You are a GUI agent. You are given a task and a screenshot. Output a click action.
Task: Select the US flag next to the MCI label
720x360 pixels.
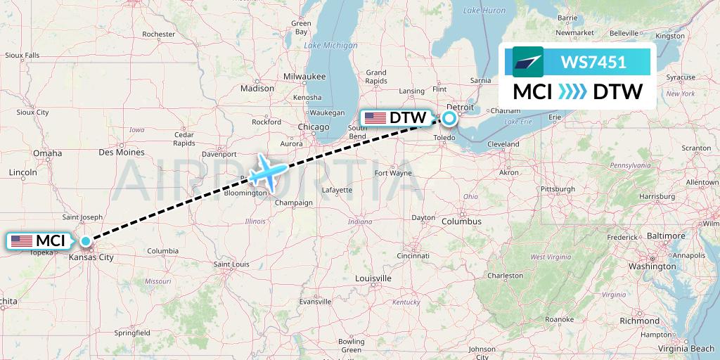[22, 241]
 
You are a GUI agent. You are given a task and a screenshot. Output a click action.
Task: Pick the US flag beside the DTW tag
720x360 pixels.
[375, 118]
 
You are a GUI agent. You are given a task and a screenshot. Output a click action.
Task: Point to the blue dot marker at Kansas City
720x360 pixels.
[86, 241]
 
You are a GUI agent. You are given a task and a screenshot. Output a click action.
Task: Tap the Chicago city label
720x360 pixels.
[313, 127]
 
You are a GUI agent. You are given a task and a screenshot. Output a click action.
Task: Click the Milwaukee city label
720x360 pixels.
[304, 76]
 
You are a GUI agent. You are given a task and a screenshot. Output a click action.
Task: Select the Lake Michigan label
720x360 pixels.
[330, 46]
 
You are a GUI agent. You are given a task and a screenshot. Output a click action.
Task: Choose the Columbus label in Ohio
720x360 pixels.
[461, 221]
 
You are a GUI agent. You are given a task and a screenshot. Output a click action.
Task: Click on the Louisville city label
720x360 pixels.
[373, 278]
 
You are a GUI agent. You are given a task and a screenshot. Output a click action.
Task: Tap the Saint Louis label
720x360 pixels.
[232, 264]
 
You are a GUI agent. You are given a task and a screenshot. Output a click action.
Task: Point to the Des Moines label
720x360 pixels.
[121, 152]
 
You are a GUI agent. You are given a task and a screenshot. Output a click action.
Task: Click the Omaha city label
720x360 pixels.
[46, 153]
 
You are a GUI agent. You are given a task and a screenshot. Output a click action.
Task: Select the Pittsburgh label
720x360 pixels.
[558, 189]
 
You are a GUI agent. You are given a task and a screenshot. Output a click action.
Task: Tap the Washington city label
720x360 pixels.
[652, 266]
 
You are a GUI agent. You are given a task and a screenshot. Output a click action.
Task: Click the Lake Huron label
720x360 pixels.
[484, 11]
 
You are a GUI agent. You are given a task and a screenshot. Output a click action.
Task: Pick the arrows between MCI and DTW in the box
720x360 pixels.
[572, 92]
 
